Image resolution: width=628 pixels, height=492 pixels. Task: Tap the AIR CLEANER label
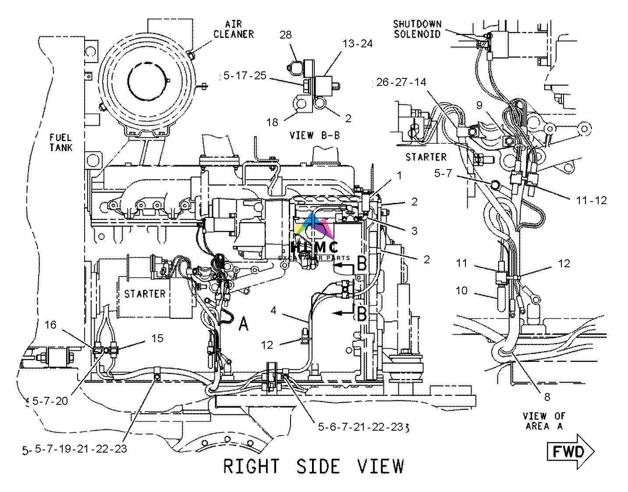(x=234, y=28)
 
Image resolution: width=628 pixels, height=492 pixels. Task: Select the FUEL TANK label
(x=60, y=142)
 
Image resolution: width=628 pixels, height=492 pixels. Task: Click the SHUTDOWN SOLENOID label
(x=417, y=28)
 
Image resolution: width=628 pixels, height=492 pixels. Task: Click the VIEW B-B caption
(x=315, y=135)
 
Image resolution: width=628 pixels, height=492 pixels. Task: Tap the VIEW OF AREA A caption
(x=544, y=420)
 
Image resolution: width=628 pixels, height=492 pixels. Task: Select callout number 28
(x=285, y=35)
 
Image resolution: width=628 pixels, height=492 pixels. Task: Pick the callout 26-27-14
(x=401, y=82)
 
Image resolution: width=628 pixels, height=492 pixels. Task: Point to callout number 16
(x=51, y=325)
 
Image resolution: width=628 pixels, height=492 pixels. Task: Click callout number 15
(x=157, y=338)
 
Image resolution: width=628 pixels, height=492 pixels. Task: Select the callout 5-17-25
(x=245, y=76)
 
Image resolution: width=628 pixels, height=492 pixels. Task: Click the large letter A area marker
(x=243, y=324)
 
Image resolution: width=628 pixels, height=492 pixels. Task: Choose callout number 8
(x=547, y=397)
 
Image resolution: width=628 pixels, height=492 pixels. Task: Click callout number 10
(x=461, y=290)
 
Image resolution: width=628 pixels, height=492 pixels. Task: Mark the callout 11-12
(x=591, y=200)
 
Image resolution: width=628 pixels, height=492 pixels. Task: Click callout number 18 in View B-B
(x=272, y=122)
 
